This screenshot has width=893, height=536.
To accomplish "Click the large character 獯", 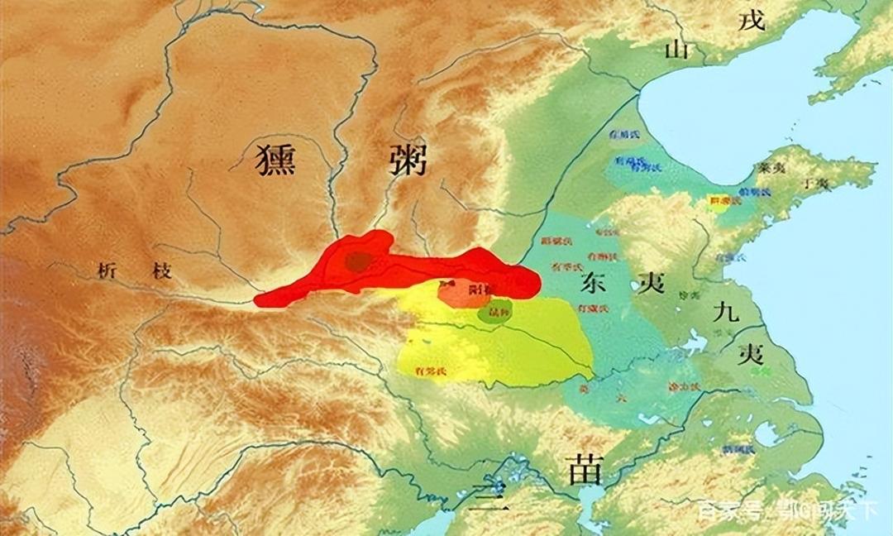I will pyautogui.click(x=276, y=159).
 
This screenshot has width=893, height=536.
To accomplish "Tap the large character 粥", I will pyautogui.click(x=407, y=159).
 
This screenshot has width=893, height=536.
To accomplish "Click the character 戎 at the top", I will pyautogui.click(x=752, y=20).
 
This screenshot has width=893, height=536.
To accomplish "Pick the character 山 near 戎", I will pyautogui.click(x=676, y=50).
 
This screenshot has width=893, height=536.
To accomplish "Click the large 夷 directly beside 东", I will pyautogui.click(x=650, y=283).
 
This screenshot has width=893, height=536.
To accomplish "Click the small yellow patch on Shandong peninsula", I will pyautogui.click(x=719, y=203).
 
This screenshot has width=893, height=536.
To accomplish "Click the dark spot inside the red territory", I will pyautogui.click(x=358, y=262).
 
